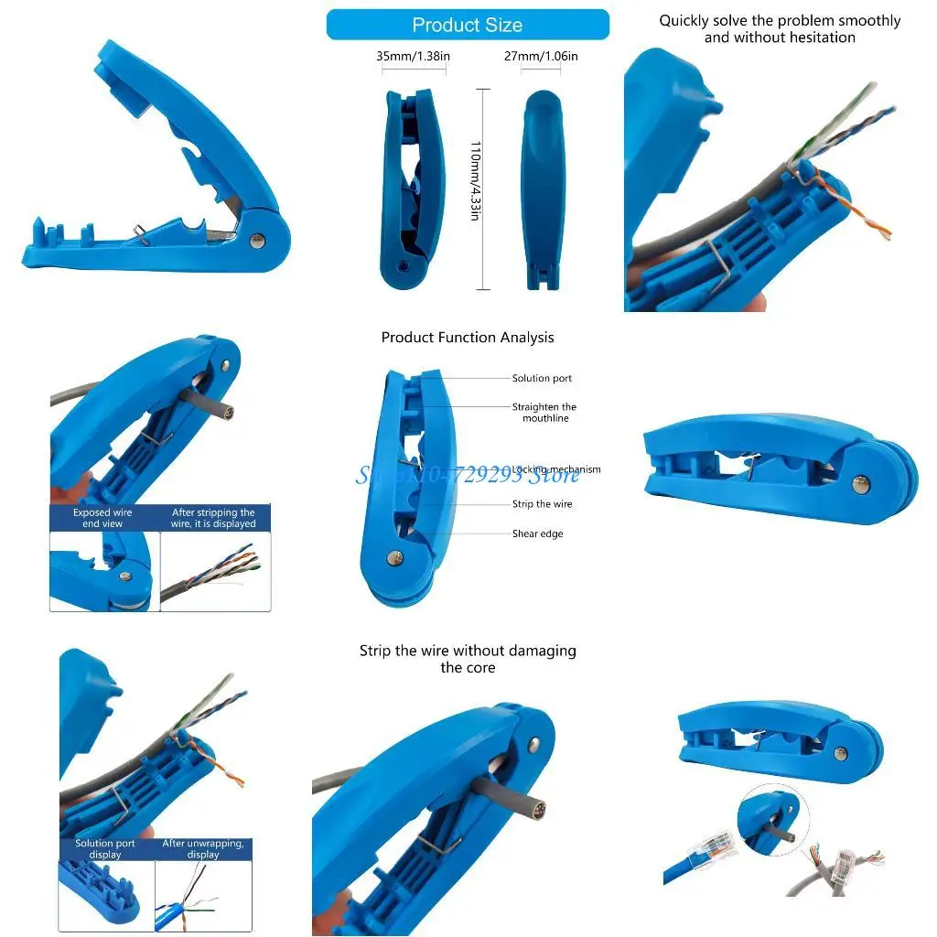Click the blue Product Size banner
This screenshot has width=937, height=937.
coord(467,25)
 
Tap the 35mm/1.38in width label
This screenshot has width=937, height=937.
coord(413,57)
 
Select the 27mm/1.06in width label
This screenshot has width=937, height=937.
coord(541,57)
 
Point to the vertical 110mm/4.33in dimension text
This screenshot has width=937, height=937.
coord(475,187)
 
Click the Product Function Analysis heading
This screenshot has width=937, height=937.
coord(468,338)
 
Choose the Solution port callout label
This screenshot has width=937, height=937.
coord(542,378)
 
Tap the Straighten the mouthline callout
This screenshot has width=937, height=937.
coord(544,413)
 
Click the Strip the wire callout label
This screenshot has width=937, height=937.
coord(542,504)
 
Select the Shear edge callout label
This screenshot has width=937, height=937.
coord(538,533)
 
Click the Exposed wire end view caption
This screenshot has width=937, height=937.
coord(102,518)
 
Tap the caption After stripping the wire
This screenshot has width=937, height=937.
coord(213,518)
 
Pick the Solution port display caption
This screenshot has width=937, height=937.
coord(105,849)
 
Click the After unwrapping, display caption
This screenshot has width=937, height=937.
coord(203,849)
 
